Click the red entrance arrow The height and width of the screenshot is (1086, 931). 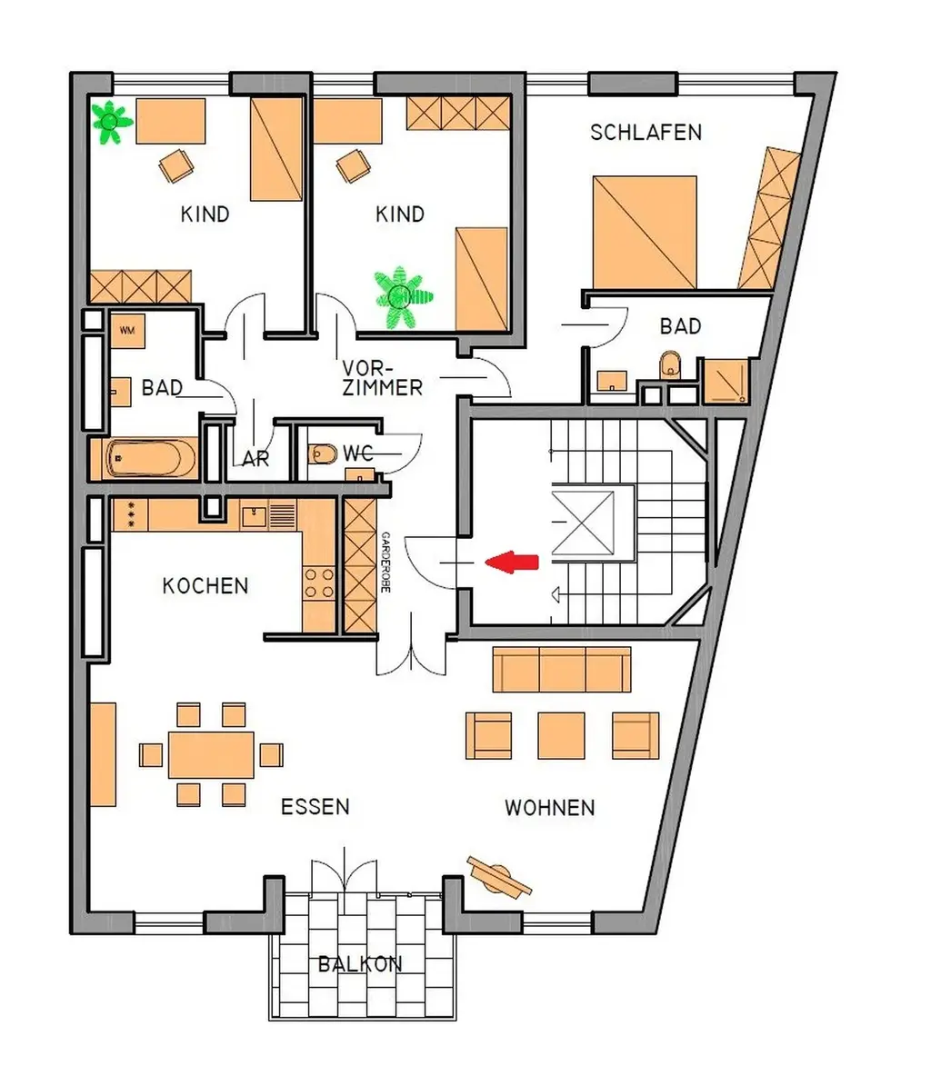[x=513, y=562]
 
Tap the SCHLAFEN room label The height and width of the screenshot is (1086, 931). [x=646, y=133]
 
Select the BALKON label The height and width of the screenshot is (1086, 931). [x=360, y=964]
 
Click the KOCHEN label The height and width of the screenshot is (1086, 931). [x=205, y=585]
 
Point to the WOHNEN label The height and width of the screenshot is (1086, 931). [x=550, y=807]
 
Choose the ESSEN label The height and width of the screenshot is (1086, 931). [x=315, y=807]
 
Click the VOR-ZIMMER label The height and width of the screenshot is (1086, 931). [x=382, y=378]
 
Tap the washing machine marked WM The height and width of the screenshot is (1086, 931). [x=126, y=331]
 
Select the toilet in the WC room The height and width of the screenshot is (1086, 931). [x=321, y=453]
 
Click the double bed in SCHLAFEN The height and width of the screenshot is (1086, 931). [x=645, y=233]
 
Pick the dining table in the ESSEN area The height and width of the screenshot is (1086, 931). [x=211, y=754]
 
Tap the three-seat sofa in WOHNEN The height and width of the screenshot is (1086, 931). [x=562, y=670]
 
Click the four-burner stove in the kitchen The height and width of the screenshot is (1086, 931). [x=319, y=583]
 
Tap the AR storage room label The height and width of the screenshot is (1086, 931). [x=255, y=460]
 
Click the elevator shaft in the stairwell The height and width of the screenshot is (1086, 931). [x=592, y=521]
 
